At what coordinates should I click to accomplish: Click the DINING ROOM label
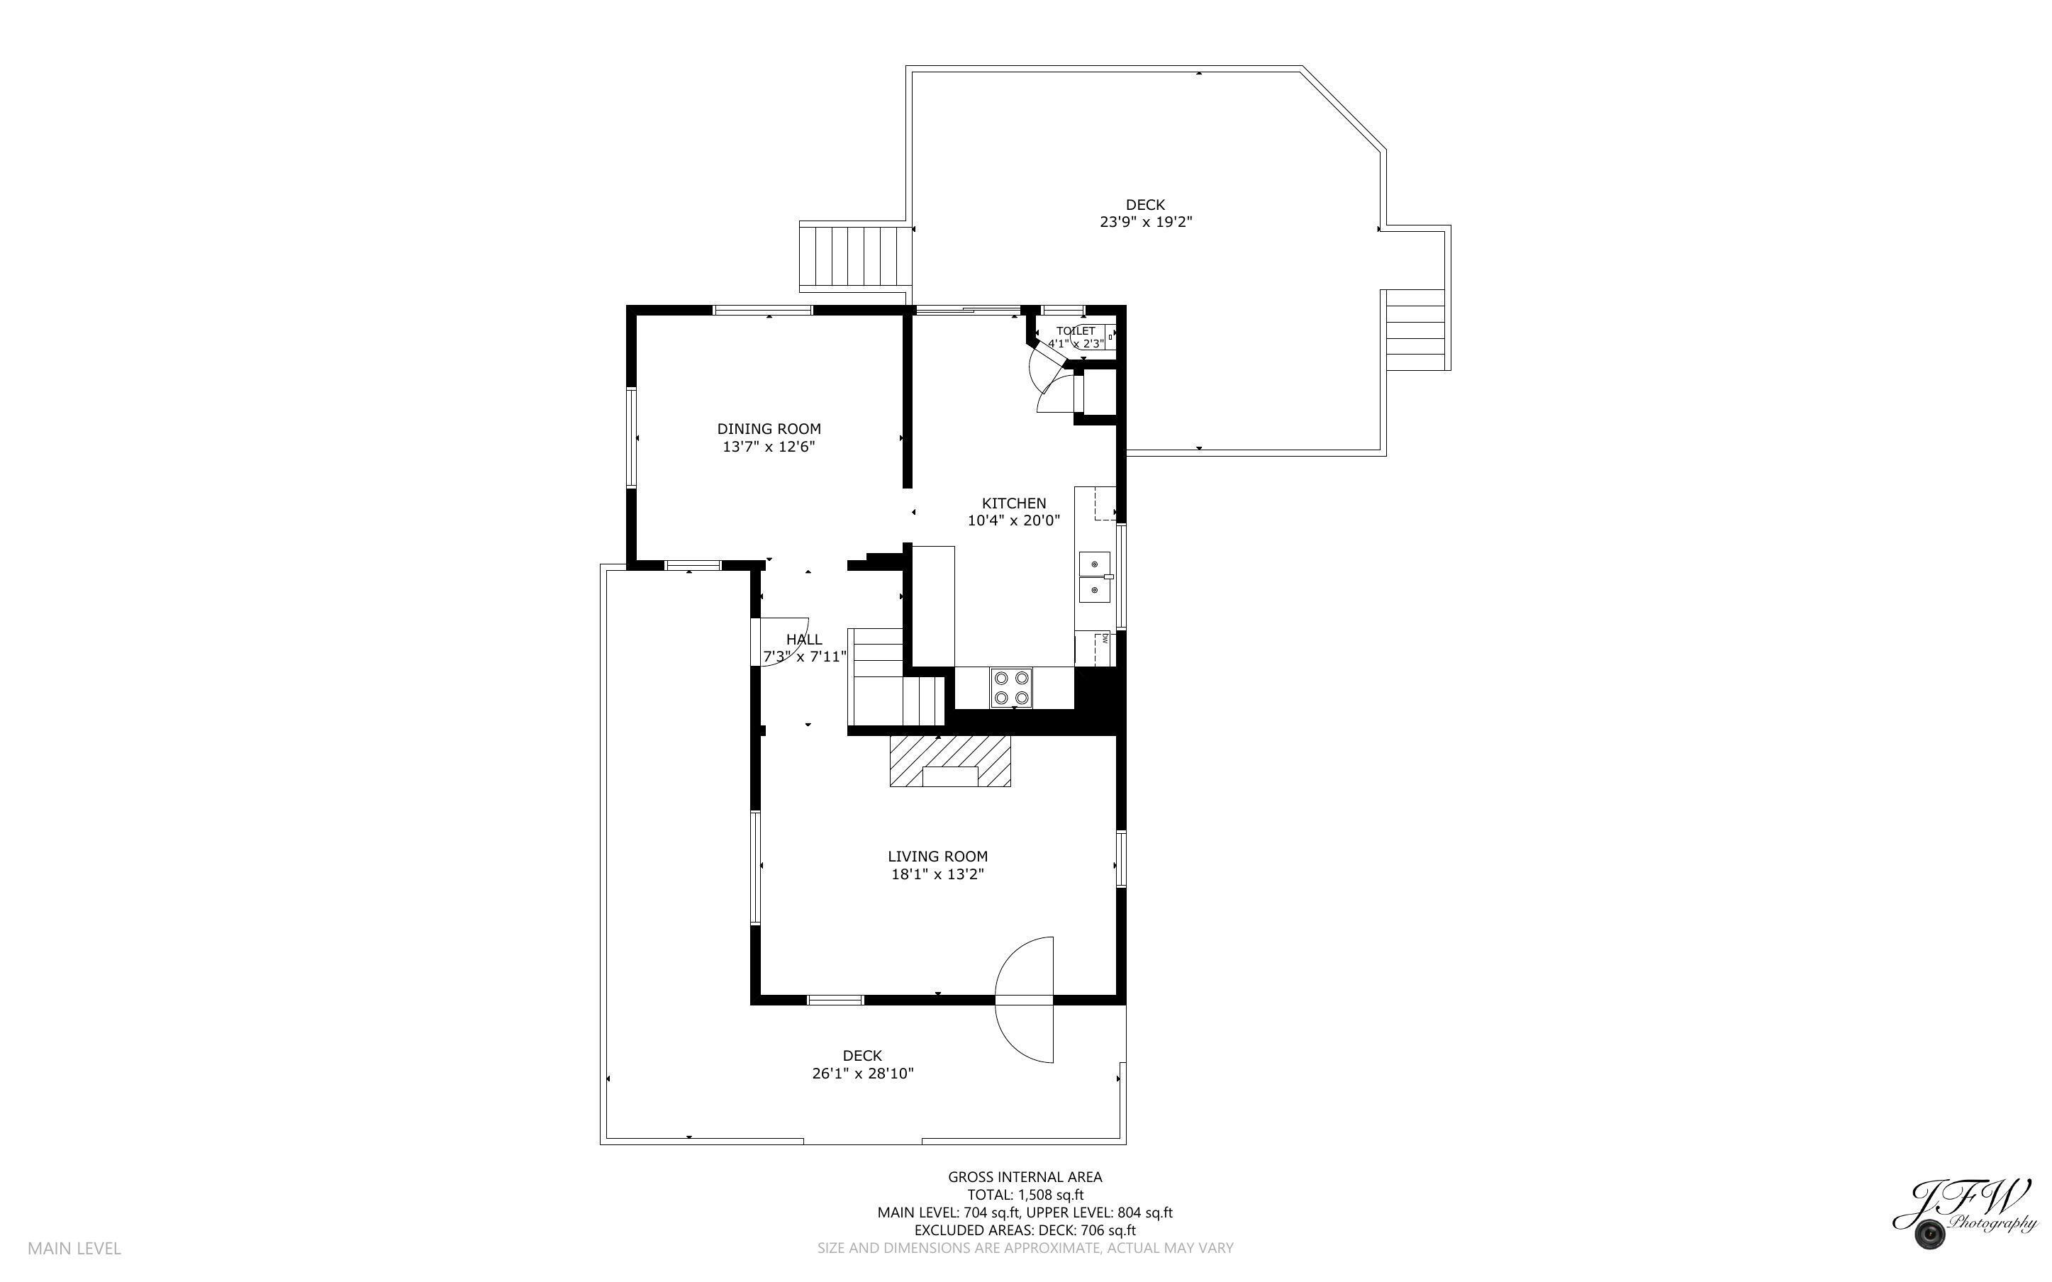click(769, 429)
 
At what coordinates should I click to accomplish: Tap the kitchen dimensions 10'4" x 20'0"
click(1014, 520)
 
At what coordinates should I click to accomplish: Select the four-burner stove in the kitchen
click(1012, 688)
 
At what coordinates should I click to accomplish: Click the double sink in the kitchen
click(1094, 576)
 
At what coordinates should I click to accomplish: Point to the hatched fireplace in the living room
click(950, 761)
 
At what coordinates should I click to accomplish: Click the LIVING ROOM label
click(937, 857)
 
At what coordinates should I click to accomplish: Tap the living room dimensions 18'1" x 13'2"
click(937, 874)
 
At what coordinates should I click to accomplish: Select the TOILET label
click(1076, 330)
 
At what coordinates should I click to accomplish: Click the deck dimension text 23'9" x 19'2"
click(1145, 222)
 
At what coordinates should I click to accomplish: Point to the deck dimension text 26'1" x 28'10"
click(862, 1074)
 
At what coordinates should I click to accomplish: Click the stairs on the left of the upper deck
click(855, 255)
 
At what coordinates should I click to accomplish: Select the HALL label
click(803, 640)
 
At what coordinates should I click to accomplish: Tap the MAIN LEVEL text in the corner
click(74, 1248)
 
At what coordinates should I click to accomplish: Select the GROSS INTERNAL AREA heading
click(1025, 1177)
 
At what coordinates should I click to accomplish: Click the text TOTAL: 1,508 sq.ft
click(1025, 1195)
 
